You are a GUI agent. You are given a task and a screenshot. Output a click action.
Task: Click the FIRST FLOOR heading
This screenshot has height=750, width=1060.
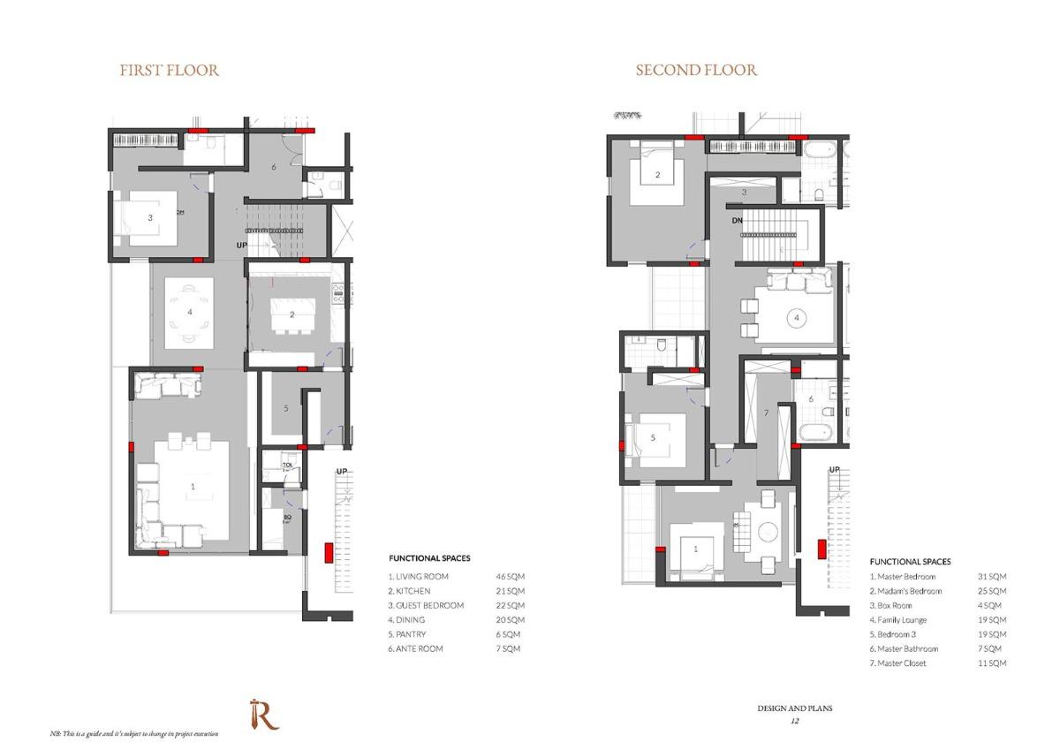coord(170,70)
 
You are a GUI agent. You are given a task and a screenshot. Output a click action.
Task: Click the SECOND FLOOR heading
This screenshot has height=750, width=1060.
coord(696,70)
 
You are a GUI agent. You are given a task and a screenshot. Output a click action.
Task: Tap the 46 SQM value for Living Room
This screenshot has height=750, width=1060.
coord(511,577)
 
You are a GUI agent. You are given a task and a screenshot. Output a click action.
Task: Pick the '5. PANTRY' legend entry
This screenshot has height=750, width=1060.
coord(407,634)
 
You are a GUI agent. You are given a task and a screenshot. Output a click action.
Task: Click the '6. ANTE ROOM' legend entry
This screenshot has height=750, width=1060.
coord(416,648)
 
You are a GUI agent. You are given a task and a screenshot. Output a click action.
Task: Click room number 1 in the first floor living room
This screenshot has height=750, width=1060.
coord(193,487)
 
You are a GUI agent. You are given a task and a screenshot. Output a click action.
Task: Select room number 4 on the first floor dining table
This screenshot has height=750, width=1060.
coord(189,312)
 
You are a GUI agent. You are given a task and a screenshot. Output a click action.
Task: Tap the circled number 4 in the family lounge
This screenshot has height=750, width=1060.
coord(797,316)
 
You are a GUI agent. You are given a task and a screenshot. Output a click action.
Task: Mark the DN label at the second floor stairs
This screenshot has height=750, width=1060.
coord(738,220)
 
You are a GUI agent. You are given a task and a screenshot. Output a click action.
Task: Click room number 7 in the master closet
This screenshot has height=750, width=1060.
coord(766,413)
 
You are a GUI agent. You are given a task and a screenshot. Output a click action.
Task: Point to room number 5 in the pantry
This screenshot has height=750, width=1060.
coord(286,408)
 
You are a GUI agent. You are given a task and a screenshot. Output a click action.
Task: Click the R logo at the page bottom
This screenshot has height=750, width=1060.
coord(263,714)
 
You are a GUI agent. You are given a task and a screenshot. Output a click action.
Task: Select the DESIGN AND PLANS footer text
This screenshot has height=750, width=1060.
coord(794,708)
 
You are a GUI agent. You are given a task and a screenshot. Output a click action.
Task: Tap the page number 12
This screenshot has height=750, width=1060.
coord(794,722)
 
